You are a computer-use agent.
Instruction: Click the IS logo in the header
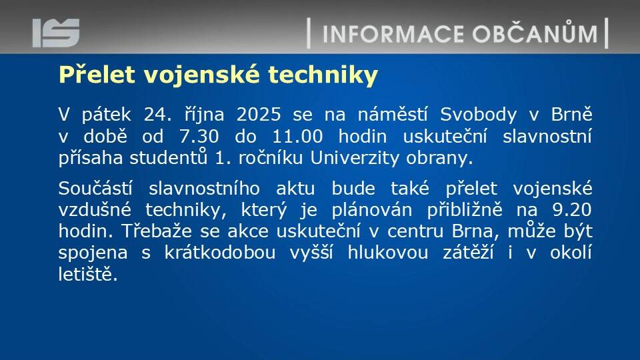point(56,33)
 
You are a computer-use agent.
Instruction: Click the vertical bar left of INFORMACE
point(309,33)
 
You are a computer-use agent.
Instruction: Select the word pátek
point(106,114)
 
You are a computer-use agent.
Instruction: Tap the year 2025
point(259,115)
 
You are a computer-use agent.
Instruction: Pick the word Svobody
point(479,115)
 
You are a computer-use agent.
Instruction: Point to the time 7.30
point(199,136)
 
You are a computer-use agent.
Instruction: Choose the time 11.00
point(297,136)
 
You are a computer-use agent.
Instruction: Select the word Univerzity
point(355,157)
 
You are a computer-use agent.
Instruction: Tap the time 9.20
point(572,210)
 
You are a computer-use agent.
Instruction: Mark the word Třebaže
point(157,231)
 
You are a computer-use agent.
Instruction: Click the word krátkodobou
point(220,252)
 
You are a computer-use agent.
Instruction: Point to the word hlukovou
point(388,252)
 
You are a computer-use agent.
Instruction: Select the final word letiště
point(88,273)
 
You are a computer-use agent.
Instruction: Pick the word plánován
point(372,210)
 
